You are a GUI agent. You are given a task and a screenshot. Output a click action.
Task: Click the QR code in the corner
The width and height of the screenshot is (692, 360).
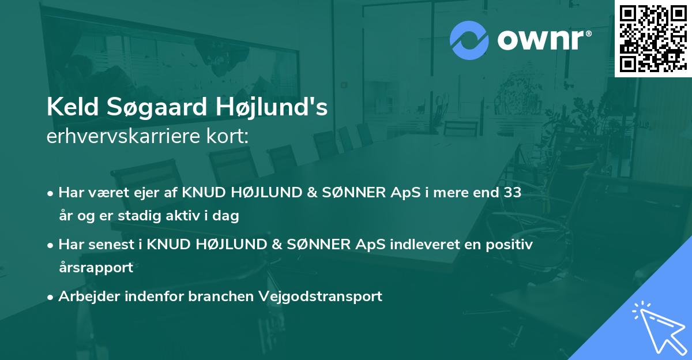(x=652, y=37)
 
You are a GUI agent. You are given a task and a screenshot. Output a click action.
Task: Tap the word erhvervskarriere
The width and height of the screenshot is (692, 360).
(x=121, y=137)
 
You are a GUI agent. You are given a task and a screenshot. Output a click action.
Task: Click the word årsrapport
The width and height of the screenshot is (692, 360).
(x=96, y=268)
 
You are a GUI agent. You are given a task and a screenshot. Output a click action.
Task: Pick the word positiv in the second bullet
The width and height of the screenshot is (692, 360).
(x=509, y=245)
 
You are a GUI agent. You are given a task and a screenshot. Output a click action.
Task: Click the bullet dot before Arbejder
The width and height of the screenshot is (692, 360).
(x=51, y=297)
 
